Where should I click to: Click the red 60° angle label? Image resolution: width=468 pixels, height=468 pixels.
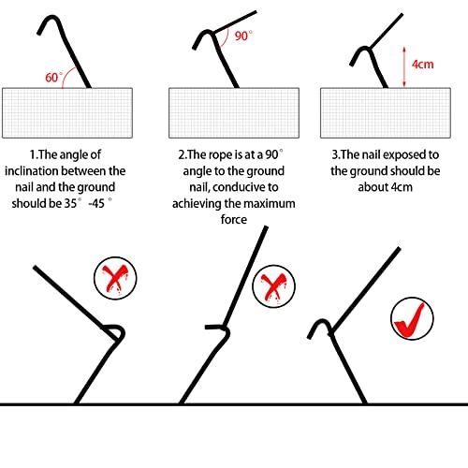tap(53, 78)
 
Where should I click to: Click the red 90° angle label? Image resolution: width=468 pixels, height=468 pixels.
tap(243, 36)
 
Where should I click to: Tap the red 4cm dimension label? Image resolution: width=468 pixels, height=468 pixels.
tap(423, 65)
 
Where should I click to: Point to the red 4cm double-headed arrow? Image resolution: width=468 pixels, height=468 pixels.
tap(404, 66)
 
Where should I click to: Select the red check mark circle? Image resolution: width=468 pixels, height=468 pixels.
tap(412, 318)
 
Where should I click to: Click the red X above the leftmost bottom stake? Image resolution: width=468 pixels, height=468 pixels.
tap(115, 278)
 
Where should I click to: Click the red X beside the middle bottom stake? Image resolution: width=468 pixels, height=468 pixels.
tap(273, 286)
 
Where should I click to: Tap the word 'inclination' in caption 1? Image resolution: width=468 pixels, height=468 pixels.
tap(32, 171)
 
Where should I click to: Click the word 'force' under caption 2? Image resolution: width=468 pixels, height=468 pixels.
tap(234, 219)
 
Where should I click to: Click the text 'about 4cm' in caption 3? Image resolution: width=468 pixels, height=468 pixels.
tap(386, 187)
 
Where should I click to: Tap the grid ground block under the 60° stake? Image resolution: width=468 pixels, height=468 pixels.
tap(67, 113)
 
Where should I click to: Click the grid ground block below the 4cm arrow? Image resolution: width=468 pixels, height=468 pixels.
tap(386, 113)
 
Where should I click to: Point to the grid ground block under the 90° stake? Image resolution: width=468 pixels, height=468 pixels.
tap(234, 113)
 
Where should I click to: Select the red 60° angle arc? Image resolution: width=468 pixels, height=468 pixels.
tap(66, 75)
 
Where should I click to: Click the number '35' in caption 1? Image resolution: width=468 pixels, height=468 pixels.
tap(71, 203)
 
